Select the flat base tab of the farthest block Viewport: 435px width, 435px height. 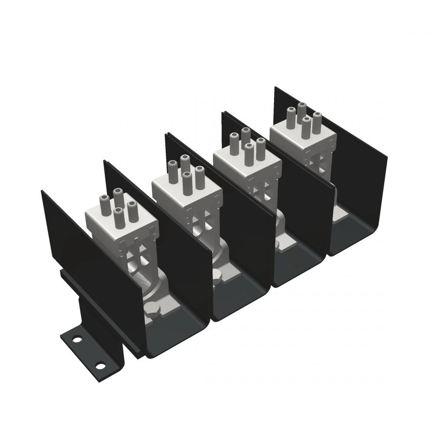click(x=341, y=213)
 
